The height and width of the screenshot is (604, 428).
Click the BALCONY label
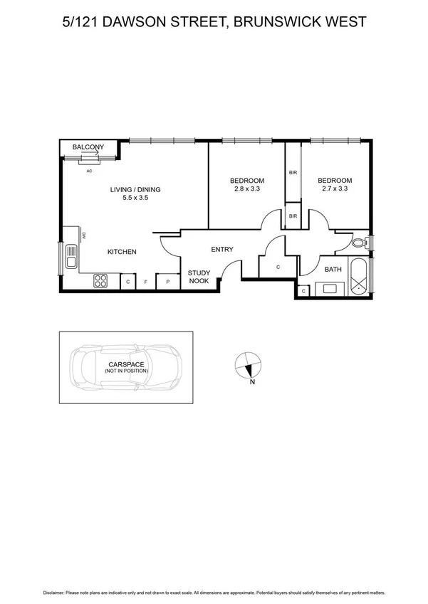click(x=89, y=147)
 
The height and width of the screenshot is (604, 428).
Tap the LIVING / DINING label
click(x=135, y=189)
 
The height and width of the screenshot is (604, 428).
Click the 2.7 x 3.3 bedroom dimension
click(x=335, y=189)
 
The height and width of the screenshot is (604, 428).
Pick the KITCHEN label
click(x=122, y=252)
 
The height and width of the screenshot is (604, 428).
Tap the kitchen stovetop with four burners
click(x=101, y=281)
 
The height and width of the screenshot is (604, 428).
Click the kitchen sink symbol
click(x=71, y=257)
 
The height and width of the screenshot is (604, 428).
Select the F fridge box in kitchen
click(x=146, y=282)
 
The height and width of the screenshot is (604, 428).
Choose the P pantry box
click(x=168, y=282)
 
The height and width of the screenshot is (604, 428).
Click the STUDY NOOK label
click(x=198, y=277)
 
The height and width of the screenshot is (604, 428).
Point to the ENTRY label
click(x=222, y=249)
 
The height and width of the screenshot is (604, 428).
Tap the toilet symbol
click(x=360, y=243)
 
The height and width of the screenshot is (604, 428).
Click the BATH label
click(x=333, y=270)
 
